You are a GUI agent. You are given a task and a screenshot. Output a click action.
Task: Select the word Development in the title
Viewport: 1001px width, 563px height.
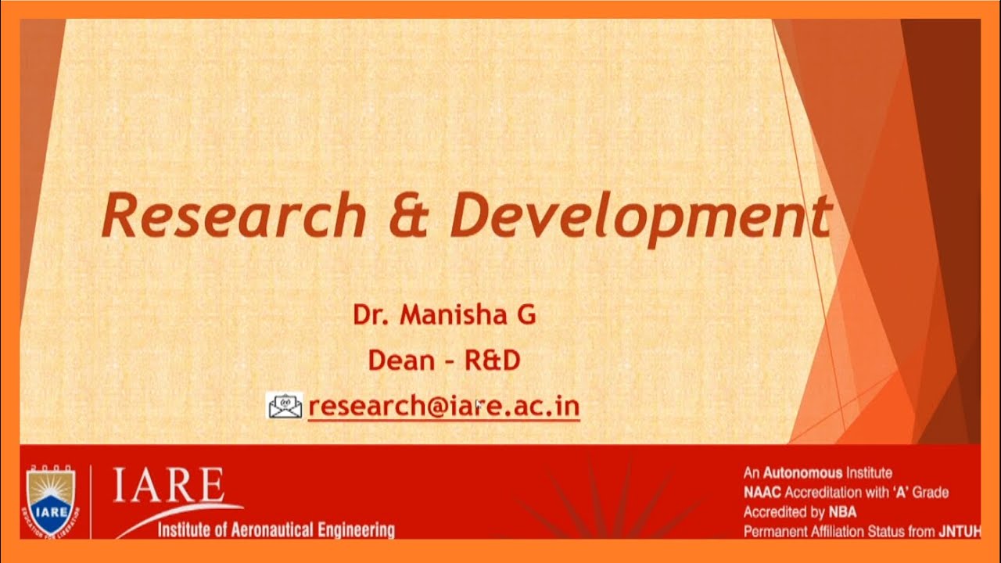[640, 217]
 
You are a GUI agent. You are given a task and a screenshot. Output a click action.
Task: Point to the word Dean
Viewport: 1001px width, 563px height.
[401, 360]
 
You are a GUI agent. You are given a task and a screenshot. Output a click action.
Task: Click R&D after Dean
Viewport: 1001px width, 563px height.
[493, 360]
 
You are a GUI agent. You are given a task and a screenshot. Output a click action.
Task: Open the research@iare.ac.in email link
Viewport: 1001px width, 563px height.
[443, 407]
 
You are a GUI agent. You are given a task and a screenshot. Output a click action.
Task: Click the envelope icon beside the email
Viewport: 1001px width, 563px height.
[285, 406]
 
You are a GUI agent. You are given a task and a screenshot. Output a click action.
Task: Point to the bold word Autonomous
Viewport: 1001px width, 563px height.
[802, 473]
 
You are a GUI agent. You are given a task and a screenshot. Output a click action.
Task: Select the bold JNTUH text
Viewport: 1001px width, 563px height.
[959, 533]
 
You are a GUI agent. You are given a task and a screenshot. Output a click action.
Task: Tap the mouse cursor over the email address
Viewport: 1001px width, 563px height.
[477, 404]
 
